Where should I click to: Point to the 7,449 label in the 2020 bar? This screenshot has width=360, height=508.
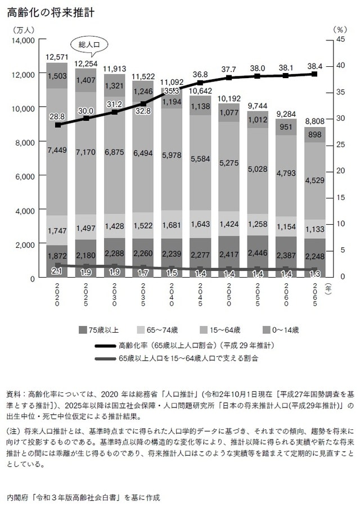coord(57,150)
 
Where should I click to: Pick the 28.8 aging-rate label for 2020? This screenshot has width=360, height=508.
coord(57,115)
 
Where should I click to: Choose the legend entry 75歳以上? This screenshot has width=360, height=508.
coord(102,329)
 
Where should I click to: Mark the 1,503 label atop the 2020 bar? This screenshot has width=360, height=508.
coord(57,76)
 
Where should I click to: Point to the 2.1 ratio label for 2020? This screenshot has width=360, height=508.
coord(56,271)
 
